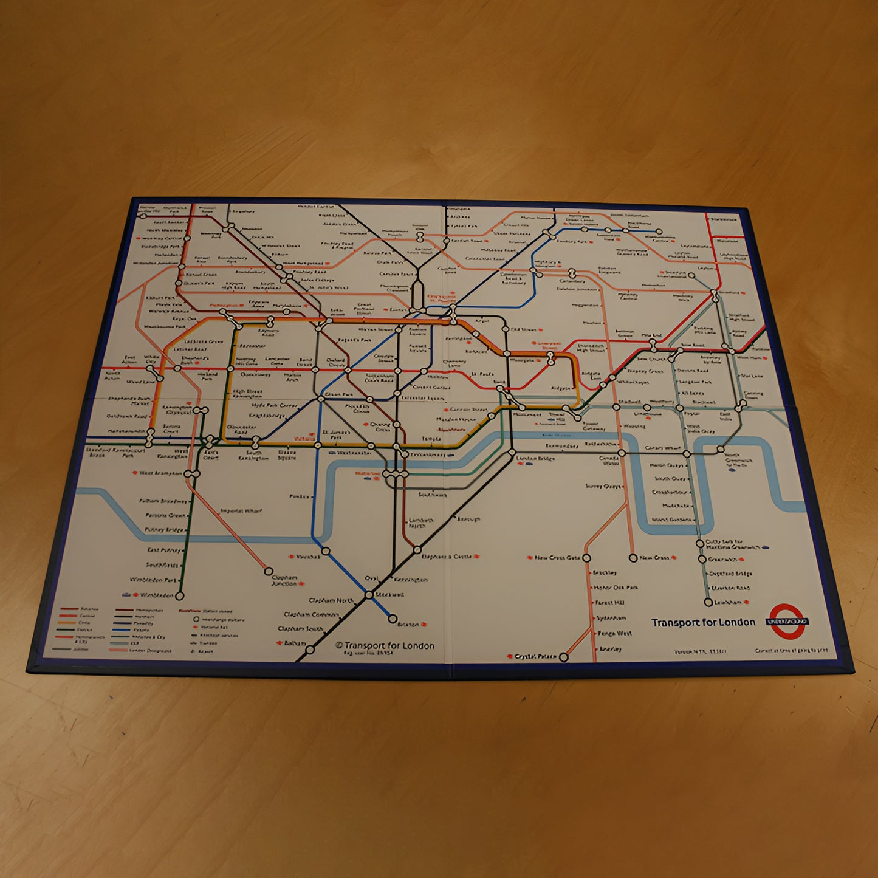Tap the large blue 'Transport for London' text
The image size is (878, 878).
(x=703, y=622)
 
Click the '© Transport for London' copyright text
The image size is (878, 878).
(x=385, y=645)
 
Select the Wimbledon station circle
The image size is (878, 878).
(x=179, y=596)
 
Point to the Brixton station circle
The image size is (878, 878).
(x=393, y=620)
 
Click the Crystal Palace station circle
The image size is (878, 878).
(x=563, y=657)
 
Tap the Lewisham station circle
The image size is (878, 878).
(x=708, y=602)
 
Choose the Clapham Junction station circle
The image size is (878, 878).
(x=268, y=571)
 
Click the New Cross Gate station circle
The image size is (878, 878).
(x=586, y=557)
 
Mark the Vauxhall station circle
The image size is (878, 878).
(x=326, y=551)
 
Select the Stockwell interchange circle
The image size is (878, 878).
(x=369, y=594)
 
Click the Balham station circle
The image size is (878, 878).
(x=310, y=650)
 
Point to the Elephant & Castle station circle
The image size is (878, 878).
(x=417, y=550)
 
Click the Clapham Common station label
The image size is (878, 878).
(x=311, y=615)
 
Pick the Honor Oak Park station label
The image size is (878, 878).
(x=615, y=588)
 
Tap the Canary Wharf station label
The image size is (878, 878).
(x=662, y=448)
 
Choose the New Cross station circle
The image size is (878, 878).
(x=633, y=558)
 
